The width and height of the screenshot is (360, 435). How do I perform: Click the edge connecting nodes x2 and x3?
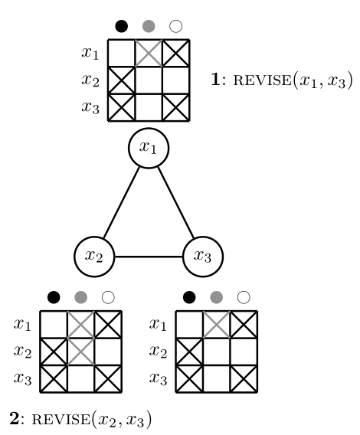(149, 257)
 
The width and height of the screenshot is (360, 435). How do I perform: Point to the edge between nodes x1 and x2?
(121, 202)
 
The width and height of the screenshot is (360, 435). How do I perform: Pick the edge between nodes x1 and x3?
(176, 202)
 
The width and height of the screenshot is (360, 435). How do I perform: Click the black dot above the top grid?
(121, 26)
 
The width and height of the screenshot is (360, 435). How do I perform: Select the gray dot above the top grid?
(149, 26)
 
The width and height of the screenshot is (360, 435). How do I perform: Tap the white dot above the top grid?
(175, 26)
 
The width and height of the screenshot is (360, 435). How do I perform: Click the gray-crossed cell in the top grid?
(149, 54)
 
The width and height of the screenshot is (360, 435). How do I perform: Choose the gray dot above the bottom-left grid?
(80, 297)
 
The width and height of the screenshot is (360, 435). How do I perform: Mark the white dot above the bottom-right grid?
(244, 297)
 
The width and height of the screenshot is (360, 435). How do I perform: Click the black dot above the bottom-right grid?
(189, 297)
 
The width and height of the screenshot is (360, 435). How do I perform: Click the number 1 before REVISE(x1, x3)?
(216, 80)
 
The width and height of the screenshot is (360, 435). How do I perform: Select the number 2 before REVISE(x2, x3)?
(14, 418)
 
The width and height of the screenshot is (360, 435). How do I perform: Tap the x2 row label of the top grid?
(90, 80)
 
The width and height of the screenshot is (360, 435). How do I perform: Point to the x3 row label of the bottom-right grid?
(159, 379)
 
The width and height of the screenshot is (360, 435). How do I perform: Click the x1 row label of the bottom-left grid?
(22, 325)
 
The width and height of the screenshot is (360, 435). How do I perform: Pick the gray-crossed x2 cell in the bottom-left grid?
(80, 352)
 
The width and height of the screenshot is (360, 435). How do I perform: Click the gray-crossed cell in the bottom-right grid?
(217, 325)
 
